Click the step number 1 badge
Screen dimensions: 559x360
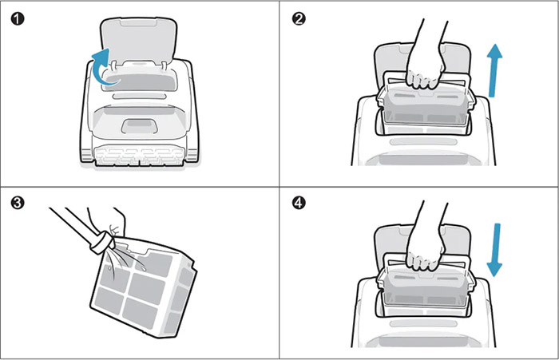18,18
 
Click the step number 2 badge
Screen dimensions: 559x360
299,18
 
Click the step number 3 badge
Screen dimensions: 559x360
18,203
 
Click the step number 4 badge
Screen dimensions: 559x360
299,203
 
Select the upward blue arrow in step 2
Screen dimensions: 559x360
494,70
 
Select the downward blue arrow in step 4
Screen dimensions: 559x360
495,250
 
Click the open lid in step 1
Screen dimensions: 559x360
139,39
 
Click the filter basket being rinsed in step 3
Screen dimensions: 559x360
143,289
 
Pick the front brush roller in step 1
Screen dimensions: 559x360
139,156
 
